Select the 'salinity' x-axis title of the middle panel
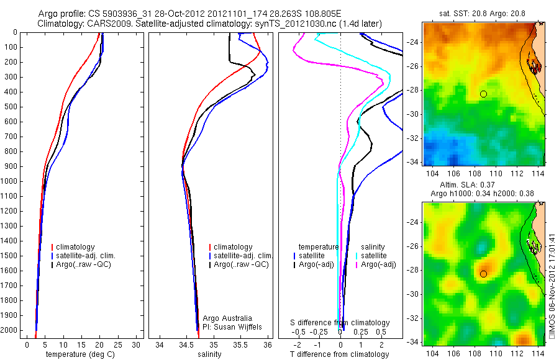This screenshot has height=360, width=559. pos(209,354)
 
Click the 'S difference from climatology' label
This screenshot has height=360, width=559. pos(340,323)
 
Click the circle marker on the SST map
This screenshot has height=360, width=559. pos(483,94)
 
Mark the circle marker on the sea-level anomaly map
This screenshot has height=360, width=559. pos(483,274)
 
